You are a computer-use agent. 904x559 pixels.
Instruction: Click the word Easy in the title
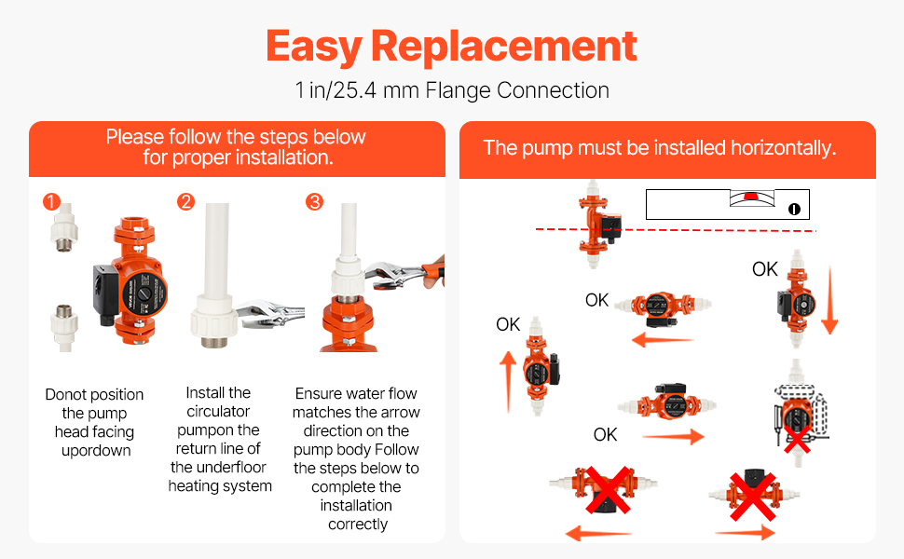click(x=314, y=48)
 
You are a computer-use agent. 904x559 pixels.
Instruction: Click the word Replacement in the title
click(x=504, y=46)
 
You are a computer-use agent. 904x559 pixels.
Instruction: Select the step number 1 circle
click(x=51, y=201)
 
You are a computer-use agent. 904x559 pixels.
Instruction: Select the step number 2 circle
click(x=185, y=201)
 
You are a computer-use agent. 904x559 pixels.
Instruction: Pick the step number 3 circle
click(x=314, y=201)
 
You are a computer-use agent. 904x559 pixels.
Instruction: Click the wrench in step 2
click(x=268, y=313)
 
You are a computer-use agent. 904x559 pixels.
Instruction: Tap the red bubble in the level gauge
click(x=750, y=197)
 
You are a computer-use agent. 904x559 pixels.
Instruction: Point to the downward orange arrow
click(x=829, y=300)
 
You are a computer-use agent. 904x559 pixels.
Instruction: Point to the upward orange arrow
click(x=508, y=382)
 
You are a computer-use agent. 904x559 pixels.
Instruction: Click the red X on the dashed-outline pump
click(x=798, y=439)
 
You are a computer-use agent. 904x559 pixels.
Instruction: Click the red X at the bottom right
click(x=753, y=497)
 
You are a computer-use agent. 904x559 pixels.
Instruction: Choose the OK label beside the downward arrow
click(x=765, y=269)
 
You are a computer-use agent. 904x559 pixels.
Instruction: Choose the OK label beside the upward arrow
click(x=508, y=324)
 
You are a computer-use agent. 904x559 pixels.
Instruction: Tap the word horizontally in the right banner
click(x=783, y=148)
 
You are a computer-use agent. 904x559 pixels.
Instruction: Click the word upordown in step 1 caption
click(x=96, y=451)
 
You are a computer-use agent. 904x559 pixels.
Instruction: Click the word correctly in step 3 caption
click(x=358, y=525)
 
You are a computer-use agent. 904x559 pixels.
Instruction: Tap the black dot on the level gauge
click(x=794, y=210)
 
